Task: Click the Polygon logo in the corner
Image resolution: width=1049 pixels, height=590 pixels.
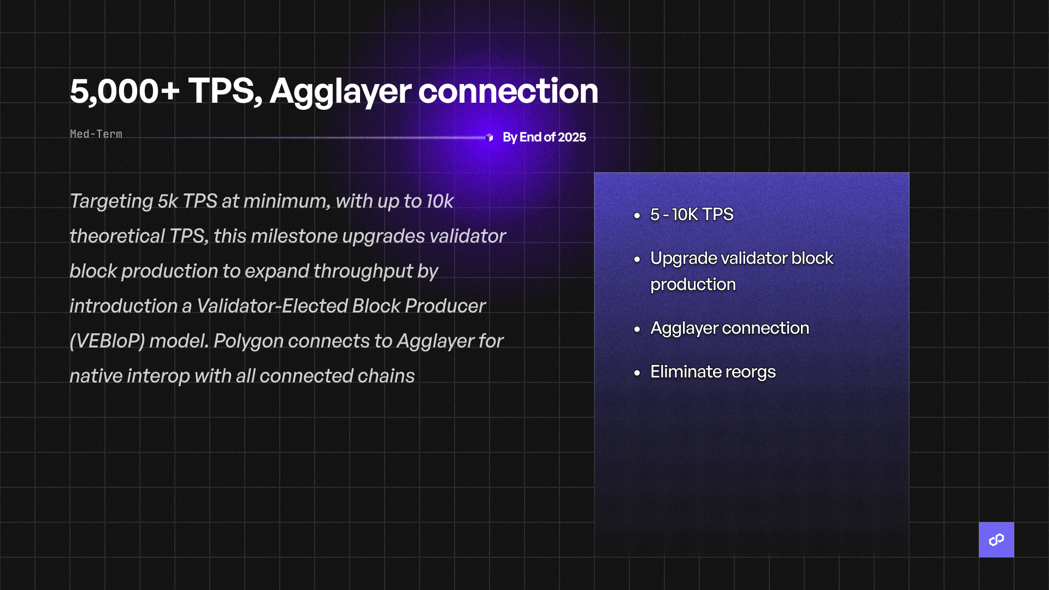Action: tap(996, 540)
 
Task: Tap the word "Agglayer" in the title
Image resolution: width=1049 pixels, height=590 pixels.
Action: tap(340, 91)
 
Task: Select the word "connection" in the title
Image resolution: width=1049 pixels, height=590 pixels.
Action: tap(508, 91)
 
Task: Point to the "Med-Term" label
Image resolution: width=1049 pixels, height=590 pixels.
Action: tap(96, 134)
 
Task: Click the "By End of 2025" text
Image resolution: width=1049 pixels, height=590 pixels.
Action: tap(544, 137)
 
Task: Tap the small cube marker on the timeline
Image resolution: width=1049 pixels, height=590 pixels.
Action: tap(490, 137)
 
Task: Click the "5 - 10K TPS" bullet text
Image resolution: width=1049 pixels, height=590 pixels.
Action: tap(692, 215)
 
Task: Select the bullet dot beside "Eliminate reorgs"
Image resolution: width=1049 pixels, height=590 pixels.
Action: tap(637, 373)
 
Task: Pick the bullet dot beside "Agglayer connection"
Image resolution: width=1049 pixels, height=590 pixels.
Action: tap(637, 329)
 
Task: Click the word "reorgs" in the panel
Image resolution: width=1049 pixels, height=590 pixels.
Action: tap(750, 372)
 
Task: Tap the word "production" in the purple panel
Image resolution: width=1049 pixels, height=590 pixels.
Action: tap(693, 285)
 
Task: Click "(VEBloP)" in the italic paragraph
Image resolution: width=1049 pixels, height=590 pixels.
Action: tap(107, 341)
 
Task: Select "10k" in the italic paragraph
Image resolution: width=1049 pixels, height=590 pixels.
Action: tap(440, 201)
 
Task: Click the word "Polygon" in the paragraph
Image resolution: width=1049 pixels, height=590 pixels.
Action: tap(248, 341)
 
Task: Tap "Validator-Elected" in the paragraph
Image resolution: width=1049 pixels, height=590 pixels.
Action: tap(272, 306)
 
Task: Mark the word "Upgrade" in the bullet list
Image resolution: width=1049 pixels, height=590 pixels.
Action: tap(683, 258)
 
